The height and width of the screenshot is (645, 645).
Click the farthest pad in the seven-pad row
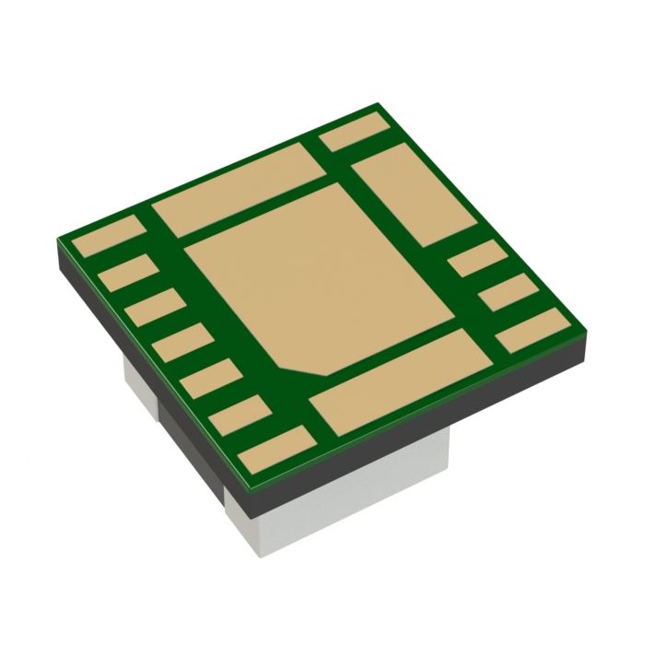click(x=109, y=239)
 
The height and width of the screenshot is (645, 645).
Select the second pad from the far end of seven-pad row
click(x=126, y=273)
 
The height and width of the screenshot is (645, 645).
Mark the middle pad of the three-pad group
click(x=513, y=293)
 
